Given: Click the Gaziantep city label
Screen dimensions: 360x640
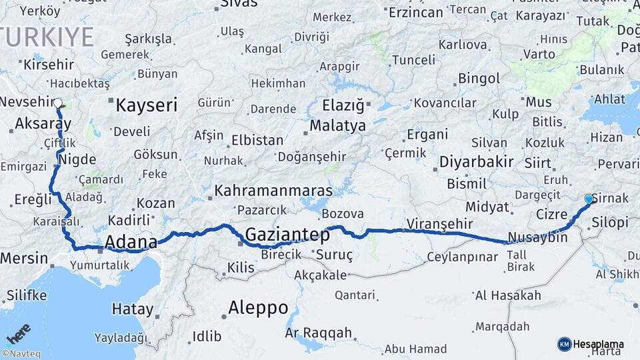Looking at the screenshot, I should click(287, 235).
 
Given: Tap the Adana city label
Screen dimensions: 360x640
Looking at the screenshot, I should click(131, 241).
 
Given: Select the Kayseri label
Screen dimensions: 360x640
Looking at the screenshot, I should click(147, 105).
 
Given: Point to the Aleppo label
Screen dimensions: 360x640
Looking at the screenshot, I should click(258, 308).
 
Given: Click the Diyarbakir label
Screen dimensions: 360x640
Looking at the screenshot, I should click(476, 161).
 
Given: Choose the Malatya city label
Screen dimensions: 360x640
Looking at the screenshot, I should click(338, 125).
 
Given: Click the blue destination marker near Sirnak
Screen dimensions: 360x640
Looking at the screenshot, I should click(589, 199).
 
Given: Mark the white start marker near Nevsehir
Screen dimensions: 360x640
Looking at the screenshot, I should click(58, 104).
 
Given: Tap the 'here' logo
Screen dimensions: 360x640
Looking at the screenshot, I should click(18, 334).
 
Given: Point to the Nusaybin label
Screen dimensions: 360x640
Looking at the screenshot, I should click(537, 237).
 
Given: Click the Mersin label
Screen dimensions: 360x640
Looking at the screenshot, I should click(24, 258).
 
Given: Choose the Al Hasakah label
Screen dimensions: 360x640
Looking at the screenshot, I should click(499, 295).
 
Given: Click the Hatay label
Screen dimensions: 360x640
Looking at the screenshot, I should click(132, 309).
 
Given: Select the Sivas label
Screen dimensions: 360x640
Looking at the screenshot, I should click(238, 3).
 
